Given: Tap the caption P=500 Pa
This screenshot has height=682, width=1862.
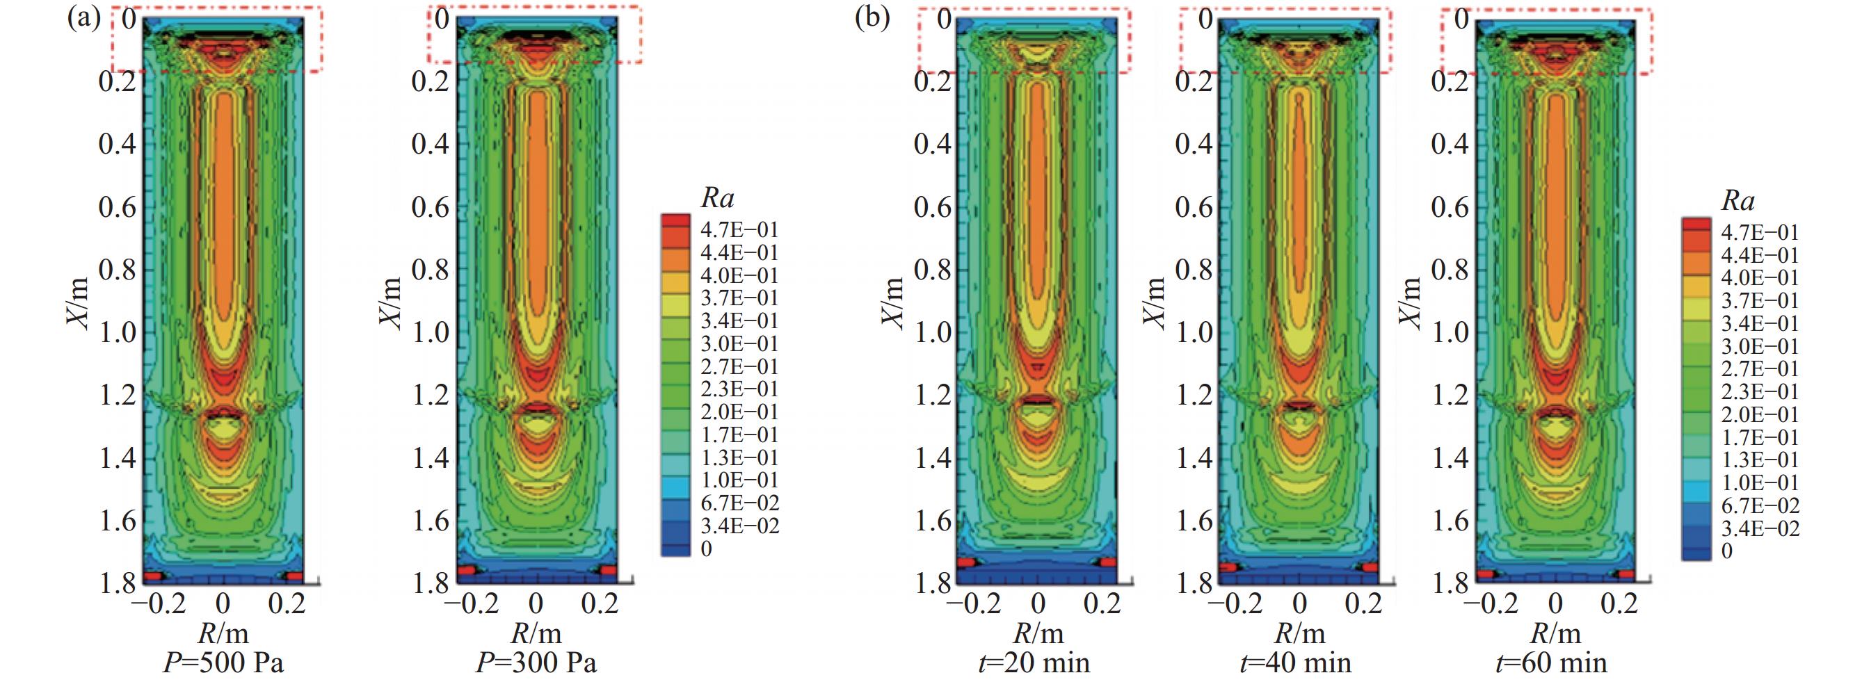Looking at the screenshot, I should (x=223, y=663).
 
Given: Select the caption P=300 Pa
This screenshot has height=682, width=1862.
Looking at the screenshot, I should (x=536, y=663).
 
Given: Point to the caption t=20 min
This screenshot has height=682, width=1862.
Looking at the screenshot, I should (x=1038, y=663).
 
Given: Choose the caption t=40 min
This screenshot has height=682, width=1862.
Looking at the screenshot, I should (x=1299, y=663).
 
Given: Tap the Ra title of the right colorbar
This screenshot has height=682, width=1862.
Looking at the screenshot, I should (x=1737, y=201).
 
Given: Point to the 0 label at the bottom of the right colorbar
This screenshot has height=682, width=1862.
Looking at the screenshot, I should (x=1727, y=551).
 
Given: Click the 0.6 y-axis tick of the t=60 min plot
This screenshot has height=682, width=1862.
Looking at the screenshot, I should (x=1450, y=207).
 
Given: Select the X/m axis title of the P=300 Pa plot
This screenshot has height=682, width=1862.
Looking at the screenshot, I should (x=390, y=303).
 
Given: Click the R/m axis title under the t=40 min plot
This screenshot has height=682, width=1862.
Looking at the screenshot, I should (x=1299, y=633).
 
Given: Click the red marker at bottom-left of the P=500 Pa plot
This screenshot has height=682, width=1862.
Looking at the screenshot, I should (x=154, y=576).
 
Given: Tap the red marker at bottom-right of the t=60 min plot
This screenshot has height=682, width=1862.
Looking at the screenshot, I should (x=1626, y=574).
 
